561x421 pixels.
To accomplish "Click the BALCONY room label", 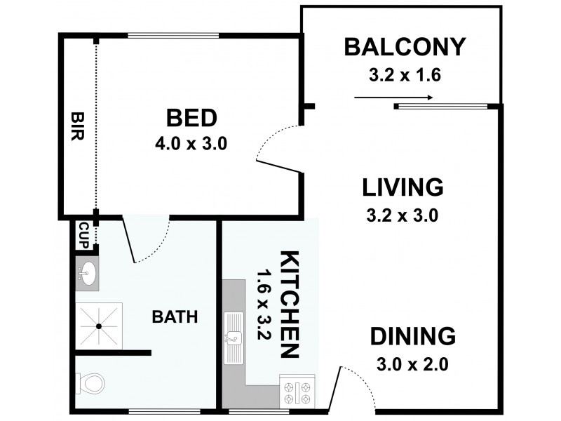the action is [405, 47].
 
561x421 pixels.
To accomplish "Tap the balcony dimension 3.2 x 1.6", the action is [405, 75].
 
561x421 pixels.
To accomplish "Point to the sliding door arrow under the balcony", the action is [393, 98].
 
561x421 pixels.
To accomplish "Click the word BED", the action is [191, 118].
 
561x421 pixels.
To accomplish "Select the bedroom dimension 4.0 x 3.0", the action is [191, 144].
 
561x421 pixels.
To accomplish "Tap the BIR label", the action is [78, 126].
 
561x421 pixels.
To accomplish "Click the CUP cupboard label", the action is [83, 235].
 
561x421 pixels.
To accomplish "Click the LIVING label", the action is [403, 187].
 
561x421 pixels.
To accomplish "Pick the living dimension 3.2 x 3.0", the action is [403, 216].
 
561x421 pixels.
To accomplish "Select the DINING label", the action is [413, 336].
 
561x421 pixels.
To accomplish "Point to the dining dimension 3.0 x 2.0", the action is [412, 365].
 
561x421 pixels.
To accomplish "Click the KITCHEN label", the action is [289, 305].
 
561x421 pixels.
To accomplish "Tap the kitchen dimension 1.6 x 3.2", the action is [264, 305].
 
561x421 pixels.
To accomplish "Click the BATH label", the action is [175, 317].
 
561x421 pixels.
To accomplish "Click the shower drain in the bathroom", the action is [99, 326].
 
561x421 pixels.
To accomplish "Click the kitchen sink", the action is [234, 338].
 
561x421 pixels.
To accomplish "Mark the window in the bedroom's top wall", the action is [173, 36].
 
